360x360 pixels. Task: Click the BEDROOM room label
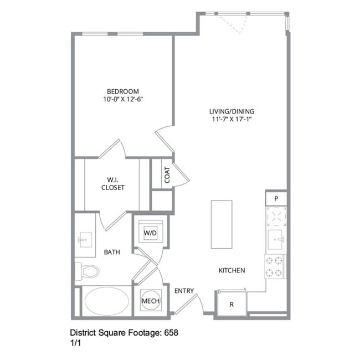[123, 91]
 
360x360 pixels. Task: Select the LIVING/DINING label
[232, 111]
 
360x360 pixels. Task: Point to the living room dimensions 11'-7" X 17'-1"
[232, 119]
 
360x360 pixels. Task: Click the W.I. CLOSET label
[112, 183]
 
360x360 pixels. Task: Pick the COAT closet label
[167, 176]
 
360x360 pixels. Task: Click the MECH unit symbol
[151, 301]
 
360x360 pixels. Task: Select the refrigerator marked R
[231, 304]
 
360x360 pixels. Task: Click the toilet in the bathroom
[88, 271]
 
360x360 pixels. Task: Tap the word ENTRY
[183, 291]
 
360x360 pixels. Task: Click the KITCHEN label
[232, 270]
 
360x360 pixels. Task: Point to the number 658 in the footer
[172, 333]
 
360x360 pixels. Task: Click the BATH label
[112, 252]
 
